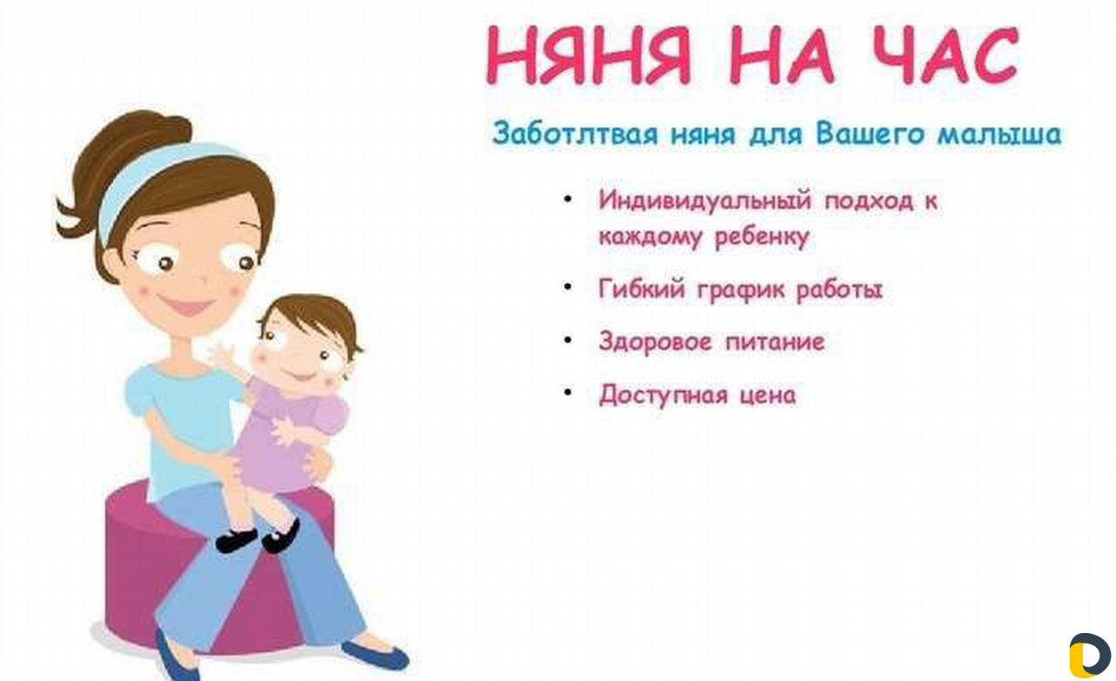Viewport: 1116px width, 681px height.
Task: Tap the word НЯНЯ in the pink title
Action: (x=589, y=55)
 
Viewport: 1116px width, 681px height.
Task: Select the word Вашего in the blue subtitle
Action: (x=870, y=133)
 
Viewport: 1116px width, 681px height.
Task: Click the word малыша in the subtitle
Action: (x=999, y=134)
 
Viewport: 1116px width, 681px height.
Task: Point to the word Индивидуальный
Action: (x=705, y=201)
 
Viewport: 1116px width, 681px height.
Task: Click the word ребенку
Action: (x=762, y=237)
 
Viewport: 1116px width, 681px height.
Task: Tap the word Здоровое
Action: (x=655, y=342)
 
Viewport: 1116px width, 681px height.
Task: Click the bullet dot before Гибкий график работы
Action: (x=568, y=287)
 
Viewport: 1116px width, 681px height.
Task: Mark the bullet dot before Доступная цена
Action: (x=568, y=392)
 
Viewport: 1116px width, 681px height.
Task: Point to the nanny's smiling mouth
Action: (x=187, y=305)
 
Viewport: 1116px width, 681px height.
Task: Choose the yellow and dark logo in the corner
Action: (x=1089, y=655)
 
